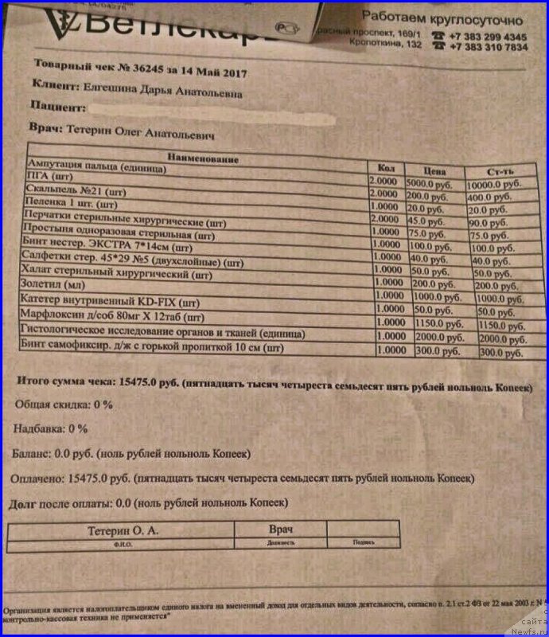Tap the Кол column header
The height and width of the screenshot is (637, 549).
tap(385, 168)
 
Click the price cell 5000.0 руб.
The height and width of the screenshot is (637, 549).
tap(434, 182)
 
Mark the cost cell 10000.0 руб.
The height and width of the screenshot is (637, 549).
tap(496, 184)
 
